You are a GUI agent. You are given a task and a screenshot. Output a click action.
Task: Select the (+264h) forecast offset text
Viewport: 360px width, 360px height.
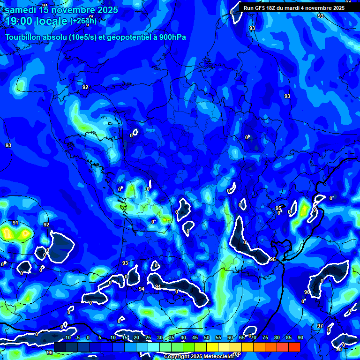83,21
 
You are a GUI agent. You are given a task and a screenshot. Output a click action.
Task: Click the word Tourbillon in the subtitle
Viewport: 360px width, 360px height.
23,37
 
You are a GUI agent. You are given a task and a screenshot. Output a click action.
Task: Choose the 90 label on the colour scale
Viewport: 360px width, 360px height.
300,337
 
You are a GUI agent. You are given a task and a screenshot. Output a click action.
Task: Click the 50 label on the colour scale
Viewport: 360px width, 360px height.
207,337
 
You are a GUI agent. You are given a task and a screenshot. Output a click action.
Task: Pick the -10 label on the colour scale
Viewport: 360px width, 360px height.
67,337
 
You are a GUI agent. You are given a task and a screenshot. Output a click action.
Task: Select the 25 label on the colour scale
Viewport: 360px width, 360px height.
148,337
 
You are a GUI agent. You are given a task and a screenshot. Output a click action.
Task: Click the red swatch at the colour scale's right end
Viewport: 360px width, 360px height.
294,347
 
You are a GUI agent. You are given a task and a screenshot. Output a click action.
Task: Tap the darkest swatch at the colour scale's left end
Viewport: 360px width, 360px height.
60,347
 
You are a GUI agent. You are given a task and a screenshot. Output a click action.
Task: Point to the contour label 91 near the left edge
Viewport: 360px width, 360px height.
15,223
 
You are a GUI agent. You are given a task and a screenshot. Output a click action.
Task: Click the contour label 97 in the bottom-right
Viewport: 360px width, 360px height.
320,326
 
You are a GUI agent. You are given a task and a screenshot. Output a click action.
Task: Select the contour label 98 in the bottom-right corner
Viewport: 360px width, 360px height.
339,350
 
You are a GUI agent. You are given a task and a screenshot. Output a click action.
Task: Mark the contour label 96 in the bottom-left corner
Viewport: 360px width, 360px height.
50,352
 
